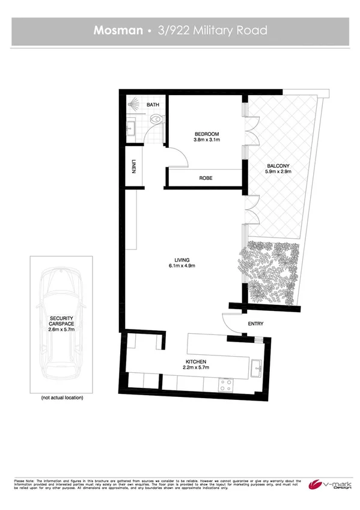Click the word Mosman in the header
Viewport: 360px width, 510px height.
tap(117, 30)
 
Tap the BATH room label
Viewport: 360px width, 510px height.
tap(153, 105)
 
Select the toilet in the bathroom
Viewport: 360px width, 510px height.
tap(157, 120)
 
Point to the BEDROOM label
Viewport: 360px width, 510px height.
tap(206, 134)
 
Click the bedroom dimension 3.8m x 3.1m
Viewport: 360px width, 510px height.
tap(206, 140)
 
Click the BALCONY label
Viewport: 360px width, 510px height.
tap(278, 166)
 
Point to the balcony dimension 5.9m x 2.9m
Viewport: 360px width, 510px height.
tap(278, 173)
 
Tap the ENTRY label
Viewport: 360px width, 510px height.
tap(255, 324)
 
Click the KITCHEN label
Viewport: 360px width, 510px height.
tap(195, 360)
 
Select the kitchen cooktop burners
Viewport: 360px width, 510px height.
tap(227, 384)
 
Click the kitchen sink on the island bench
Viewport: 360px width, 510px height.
tap(257, 364)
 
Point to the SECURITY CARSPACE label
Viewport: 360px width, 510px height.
tap(62, 319)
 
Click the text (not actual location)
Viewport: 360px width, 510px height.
tap(62, 398)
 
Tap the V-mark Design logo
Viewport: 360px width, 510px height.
tap(328, 485)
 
